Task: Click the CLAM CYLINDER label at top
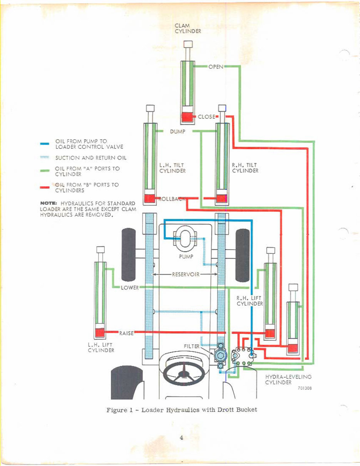(x=188, y=28)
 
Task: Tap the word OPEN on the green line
(x=216, y=67)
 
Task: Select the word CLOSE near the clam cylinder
(x=206, y=117)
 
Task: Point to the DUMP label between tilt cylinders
(x=177, y=131)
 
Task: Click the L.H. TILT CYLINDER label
(x=172, y=168)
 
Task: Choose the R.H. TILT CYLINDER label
(x=245, y=168)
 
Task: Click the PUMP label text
(x=186, y=256)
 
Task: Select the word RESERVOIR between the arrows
(x=186, y=275)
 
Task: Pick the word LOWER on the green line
(x=129, y=288)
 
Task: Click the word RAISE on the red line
(x=126, y=333)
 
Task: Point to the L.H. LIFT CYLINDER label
(x=101, y=348)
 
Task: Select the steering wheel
(x=184, y=372)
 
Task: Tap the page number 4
(x=181, y=437)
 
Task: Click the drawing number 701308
(x=304, y=388)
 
